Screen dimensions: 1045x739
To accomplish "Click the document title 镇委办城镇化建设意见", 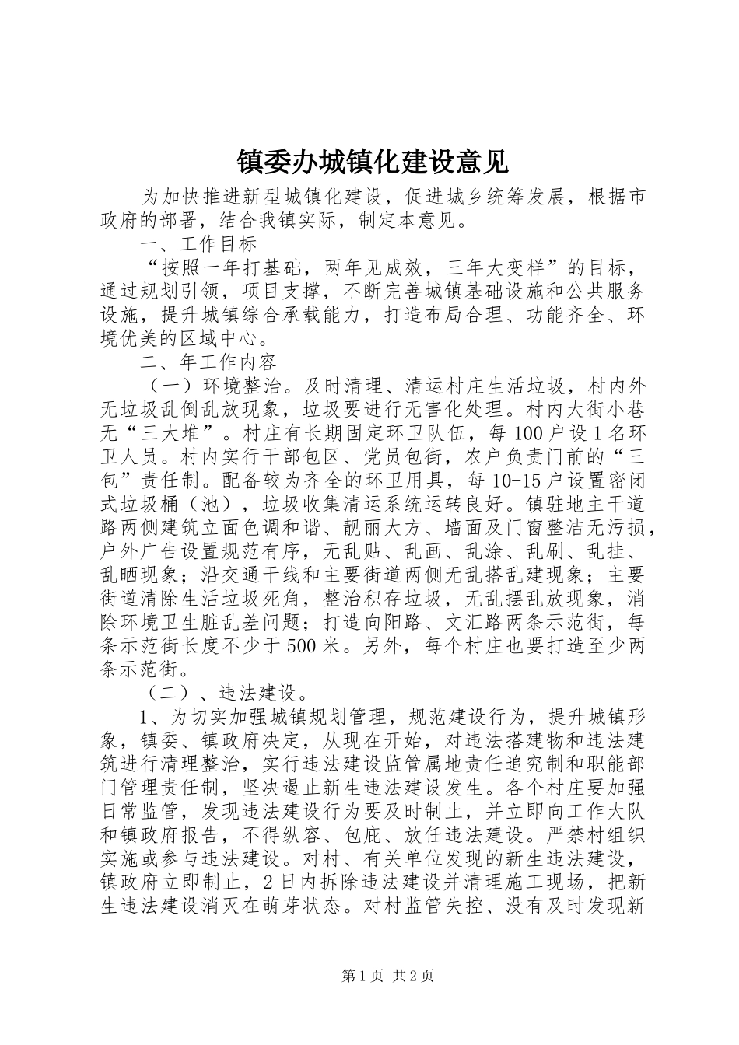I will click(372, 162).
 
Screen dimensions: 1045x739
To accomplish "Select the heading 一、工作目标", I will click(198, 244).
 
